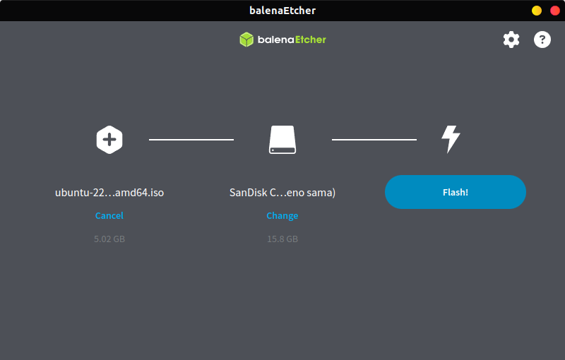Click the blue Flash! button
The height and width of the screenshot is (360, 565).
(x=455, y=192)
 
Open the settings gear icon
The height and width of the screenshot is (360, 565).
(x=511, y=40)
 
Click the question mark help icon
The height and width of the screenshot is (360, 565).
(x=542, y=40)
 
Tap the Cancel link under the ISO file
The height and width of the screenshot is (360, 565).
(x=109, y=215)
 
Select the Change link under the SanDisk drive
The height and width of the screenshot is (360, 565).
(x=282, y=215)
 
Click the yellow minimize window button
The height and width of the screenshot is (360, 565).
(x=537, y=11)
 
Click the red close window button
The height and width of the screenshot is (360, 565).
(x=555, y=11)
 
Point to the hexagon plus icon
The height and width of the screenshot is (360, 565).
(x=109, y=139)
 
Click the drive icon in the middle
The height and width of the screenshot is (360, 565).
(x=282, y=139)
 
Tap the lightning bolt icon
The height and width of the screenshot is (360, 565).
(x=451, y=139)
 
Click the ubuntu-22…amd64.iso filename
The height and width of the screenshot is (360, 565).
(x=109, y=193)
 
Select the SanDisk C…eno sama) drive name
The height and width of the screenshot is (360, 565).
(x=282, y=193)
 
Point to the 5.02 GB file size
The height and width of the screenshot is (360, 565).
(x=109, y=239)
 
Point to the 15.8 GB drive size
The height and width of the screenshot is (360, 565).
(x=282, y=239)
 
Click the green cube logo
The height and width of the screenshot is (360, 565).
(x=246, y=40)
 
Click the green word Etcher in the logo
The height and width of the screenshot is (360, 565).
(x=311, y=40)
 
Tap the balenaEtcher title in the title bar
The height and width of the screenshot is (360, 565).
(x=282, y=11)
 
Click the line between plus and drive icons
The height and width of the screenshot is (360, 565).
(x=191, y=139)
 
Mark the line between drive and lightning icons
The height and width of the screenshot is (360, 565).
(x=374, y=139)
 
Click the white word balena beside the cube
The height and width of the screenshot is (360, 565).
(x=275, y=40)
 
